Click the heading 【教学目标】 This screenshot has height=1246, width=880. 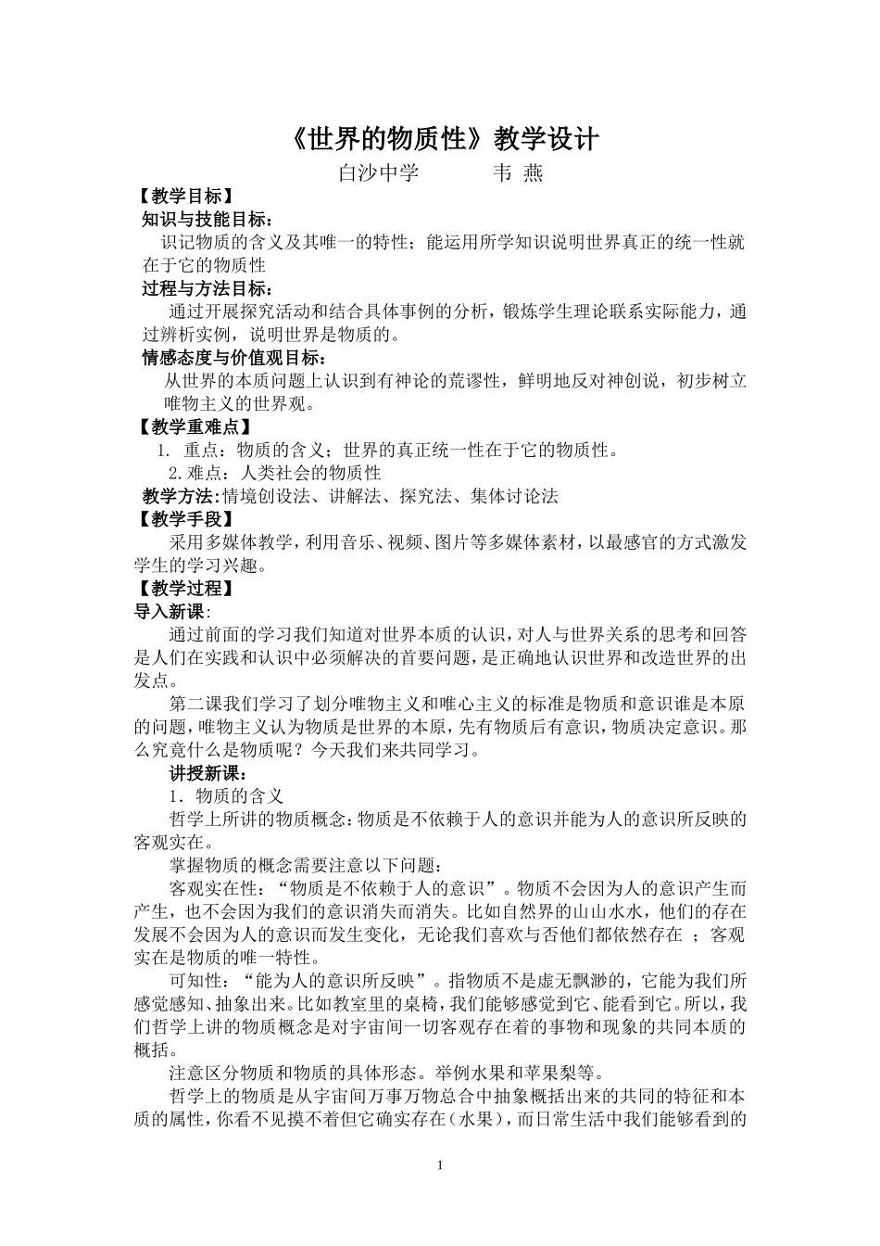(x=182, y=197)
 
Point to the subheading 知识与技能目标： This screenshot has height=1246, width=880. (x=207, y=220)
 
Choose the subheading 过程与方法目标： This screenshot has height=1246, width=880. (x=207, y=288)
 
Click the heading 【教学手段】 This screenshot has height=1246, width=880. (x=182, y=519)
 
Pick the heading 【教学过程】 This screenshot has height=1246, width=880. (x=182, y=589)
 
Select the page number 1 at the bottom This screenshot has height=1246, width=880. (x=440, y=1164)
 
